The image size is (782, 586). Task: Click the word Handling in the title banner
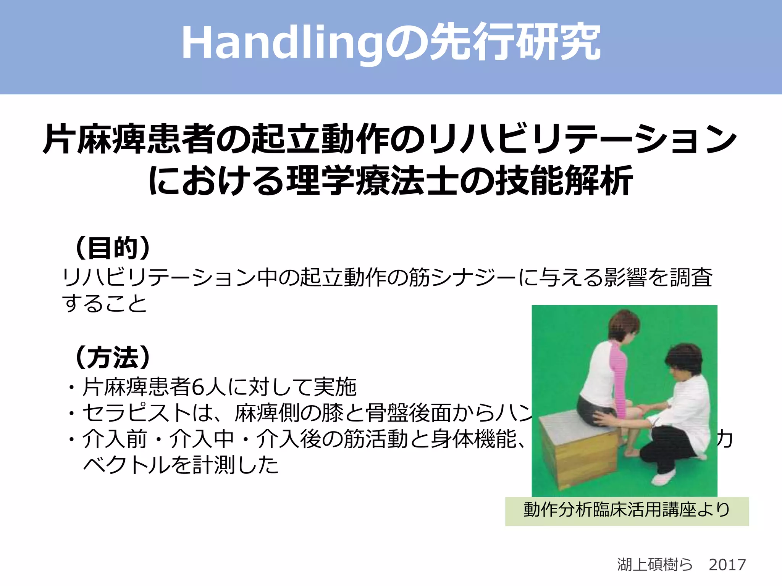pos(283,43)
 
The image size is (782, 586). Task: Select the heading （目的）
pos(113,248)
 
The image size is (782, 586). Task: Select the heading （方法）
pos(113,357)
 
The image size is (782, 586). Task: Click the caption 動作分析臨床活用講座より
pos(627,510)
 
